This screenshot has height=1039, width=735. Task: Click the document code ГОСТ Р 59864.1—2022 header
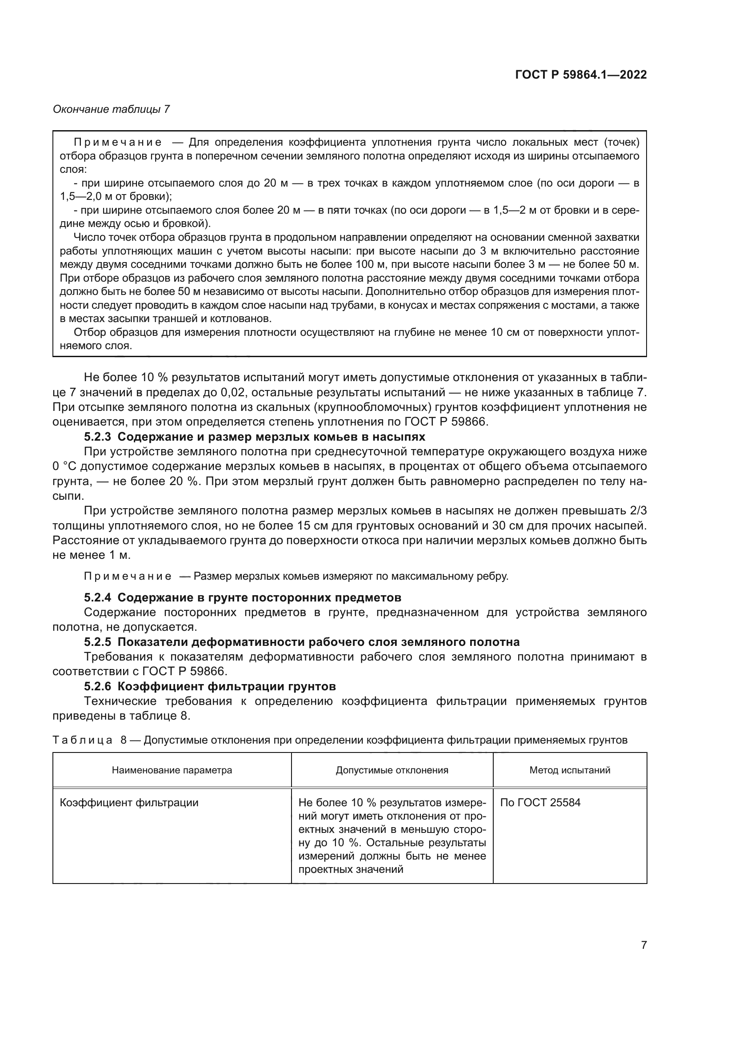click(x=581, y=75)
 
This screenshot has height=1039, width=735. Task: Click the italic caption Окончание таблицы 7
click(x=112, y=109)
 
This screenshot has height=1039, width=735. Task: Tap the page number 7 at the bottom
click(x=643, y=945)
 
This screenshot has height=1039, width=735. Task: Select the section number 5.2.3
click(x=97, y=437)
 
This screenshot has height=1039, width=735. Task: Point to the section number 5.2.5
click(x=97, y=642)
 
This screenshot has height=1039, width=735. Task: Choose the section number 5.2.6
click(x=97, y=686)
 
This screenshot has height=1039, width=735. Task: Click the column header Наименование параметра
click(x=172, y=770)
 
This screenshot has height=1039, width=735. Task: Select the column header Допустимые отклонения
click(x=391, y=770)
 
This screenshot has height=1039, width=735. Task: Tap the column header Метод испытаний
click(x=569, y=770)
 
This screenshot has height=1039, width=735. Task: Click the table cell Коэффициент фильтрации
click(x=129, y=802)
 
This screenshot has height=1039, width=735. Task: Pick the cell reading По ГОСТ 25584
click(x=540, y=802)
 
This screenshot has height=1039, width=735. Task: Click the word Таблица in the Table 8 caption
click(x=82, y=740)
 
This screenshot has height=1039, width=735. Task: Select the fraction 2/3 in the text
click(x=638, y=510)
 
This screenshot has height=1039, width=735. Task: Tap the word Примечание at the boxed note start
click(x=117, y=143)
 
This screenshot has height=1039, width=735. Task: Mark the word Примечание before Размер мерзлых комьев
click(x=128, y=576)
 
